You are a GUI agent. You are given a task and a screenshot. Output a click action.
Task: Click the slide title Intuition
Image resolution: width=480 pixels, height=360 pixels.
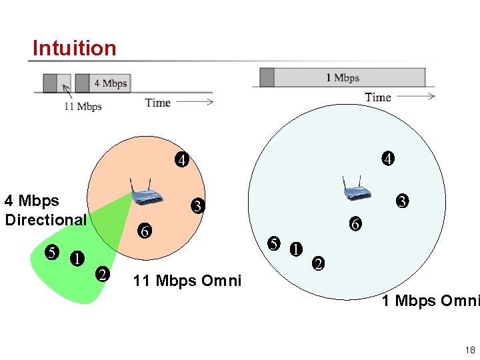point(74,48)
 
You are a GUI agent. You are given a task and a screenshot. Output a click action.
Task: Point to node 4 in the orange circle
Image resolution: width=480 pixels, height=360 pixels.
point(181,160)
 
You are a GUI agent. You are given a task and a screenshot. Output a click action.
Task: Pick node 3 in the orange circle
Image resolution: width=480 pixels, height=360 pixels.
point(197,207)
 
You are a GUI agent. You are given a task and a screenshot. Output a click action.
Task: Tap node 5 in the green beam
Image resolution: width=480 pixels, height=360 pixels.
point(51,253)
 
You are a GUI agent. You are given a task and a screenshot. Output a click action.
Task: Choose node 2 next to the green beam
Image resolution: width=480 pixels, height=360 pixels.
point(102,273)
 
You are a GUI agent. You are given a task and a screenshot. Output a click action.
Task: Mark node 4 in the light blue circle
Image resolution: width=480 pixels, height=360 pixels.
point(387,159)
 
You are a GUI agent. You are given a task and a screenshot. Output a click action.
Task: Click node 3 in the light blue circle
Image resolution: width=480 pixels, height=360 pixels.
point(402,201)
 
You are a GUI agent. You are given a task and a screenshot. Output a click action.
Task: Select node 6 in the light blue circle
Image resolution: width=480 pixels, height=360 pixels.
point(356,225)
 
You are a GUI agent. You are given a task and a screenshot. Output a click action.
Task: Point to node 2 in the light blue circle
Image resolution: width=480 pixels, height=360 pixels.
point(319,263)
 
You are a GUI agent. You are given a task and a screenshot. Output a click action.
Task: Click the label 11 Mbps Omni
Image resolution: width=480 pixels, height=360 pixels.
point(187,281)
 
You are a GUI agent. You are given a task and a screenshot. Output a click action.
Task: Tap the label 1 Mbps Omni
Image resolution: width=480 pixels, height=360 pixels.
point(431,301)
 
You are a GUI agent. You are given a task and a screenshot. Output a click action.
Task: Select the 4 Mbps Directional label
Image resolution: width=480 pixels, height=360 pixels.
point(45,210)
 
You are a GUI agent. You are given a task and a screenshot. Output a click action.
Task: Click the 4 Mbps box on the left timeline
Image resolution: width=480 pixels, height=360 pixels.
point(110,83)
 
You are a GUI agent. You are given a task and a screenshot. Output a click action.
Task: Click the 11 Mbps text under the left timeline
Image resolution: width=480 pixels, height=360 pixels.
point(83,107)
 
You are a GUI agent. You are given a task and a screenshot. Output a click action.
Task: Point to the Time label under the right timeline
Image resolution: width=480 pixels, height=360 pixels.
point(378,97)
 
